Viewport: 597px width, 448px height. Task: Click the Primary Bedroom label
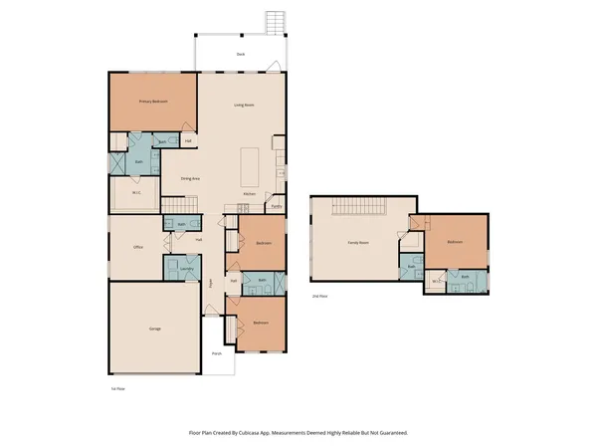coord(152,102)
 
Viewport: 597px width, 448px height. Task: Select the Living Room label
coord(246,105)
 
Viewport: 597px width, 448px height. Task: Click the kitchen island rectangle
coord(252,162)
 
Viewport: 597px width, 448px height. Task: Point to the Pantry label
coord(276,207)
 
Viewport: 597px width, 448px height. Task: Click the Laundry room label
coord(186,268)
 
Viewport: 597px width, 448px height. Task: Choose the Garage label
coord(155,329)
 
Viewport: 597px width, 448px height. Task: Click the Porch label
coord(216,353)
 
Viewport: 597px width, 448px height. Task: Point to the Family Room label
coord(357,243)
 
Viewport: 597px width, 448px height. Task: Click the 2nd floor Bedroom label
coord(455,242)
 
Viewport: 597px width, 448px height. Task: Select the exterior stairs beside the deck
coord(275,22)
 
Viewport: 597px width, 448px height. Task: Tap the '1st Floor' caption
coord(118,388)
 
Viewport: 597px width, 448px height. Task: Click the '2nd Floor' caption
coord(319,297)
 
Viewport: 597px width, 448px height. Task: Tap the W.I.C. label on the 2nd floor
coord(435,282)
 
